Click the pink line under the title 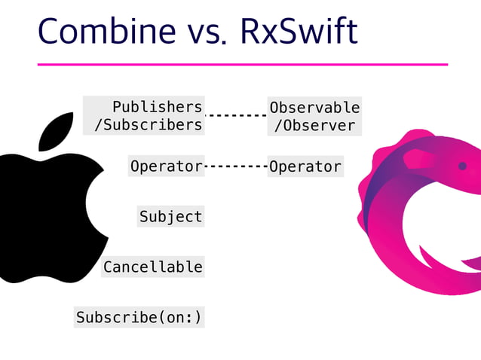click(x=242, y=65)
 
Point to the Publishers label click(x=157, y=107)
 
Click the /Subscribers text click(x=148, y=125)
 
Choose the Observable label click(x=314, y=108)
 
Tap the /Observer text click(x=314, y=126)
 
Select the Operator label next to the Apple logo click(x=166, y=166)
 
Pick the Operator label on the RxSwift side click(x=305, y=166)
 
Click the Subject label click(x=170, y=217)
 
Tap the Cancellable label click(x=152, y=267)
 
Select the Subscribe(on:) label click(x=139, y=317)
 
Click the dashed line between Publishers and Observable click(x=236, y=116)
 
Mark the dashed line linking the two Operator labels click(x=236, y=166)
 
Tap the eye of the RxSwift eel click(x=462, y=166)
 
